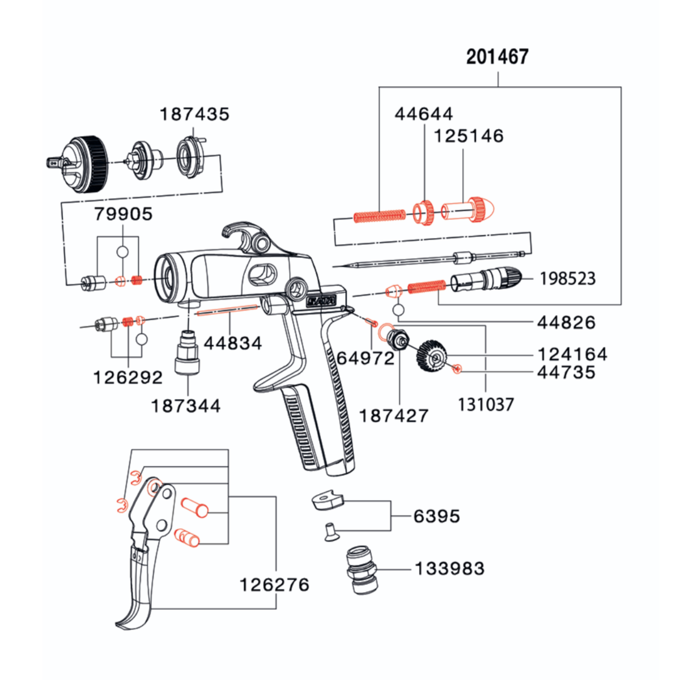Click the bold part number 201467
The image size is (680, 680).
tap(497, 57)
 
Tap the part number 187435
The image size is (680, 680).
tap(194, 114)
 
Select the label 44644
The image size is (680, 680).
tap(423, 114)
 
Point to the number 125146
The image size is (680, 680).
tap(469, 136)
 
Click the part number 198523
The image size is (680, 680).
tap(568, 279)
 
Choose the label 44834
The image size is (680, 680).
tap(233, 343)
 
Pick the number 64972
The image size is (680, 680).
tap(365, 359)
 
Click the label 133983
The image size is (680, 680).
tap(449, 569)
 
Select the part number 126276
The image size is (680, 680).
tap(274, 585)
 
